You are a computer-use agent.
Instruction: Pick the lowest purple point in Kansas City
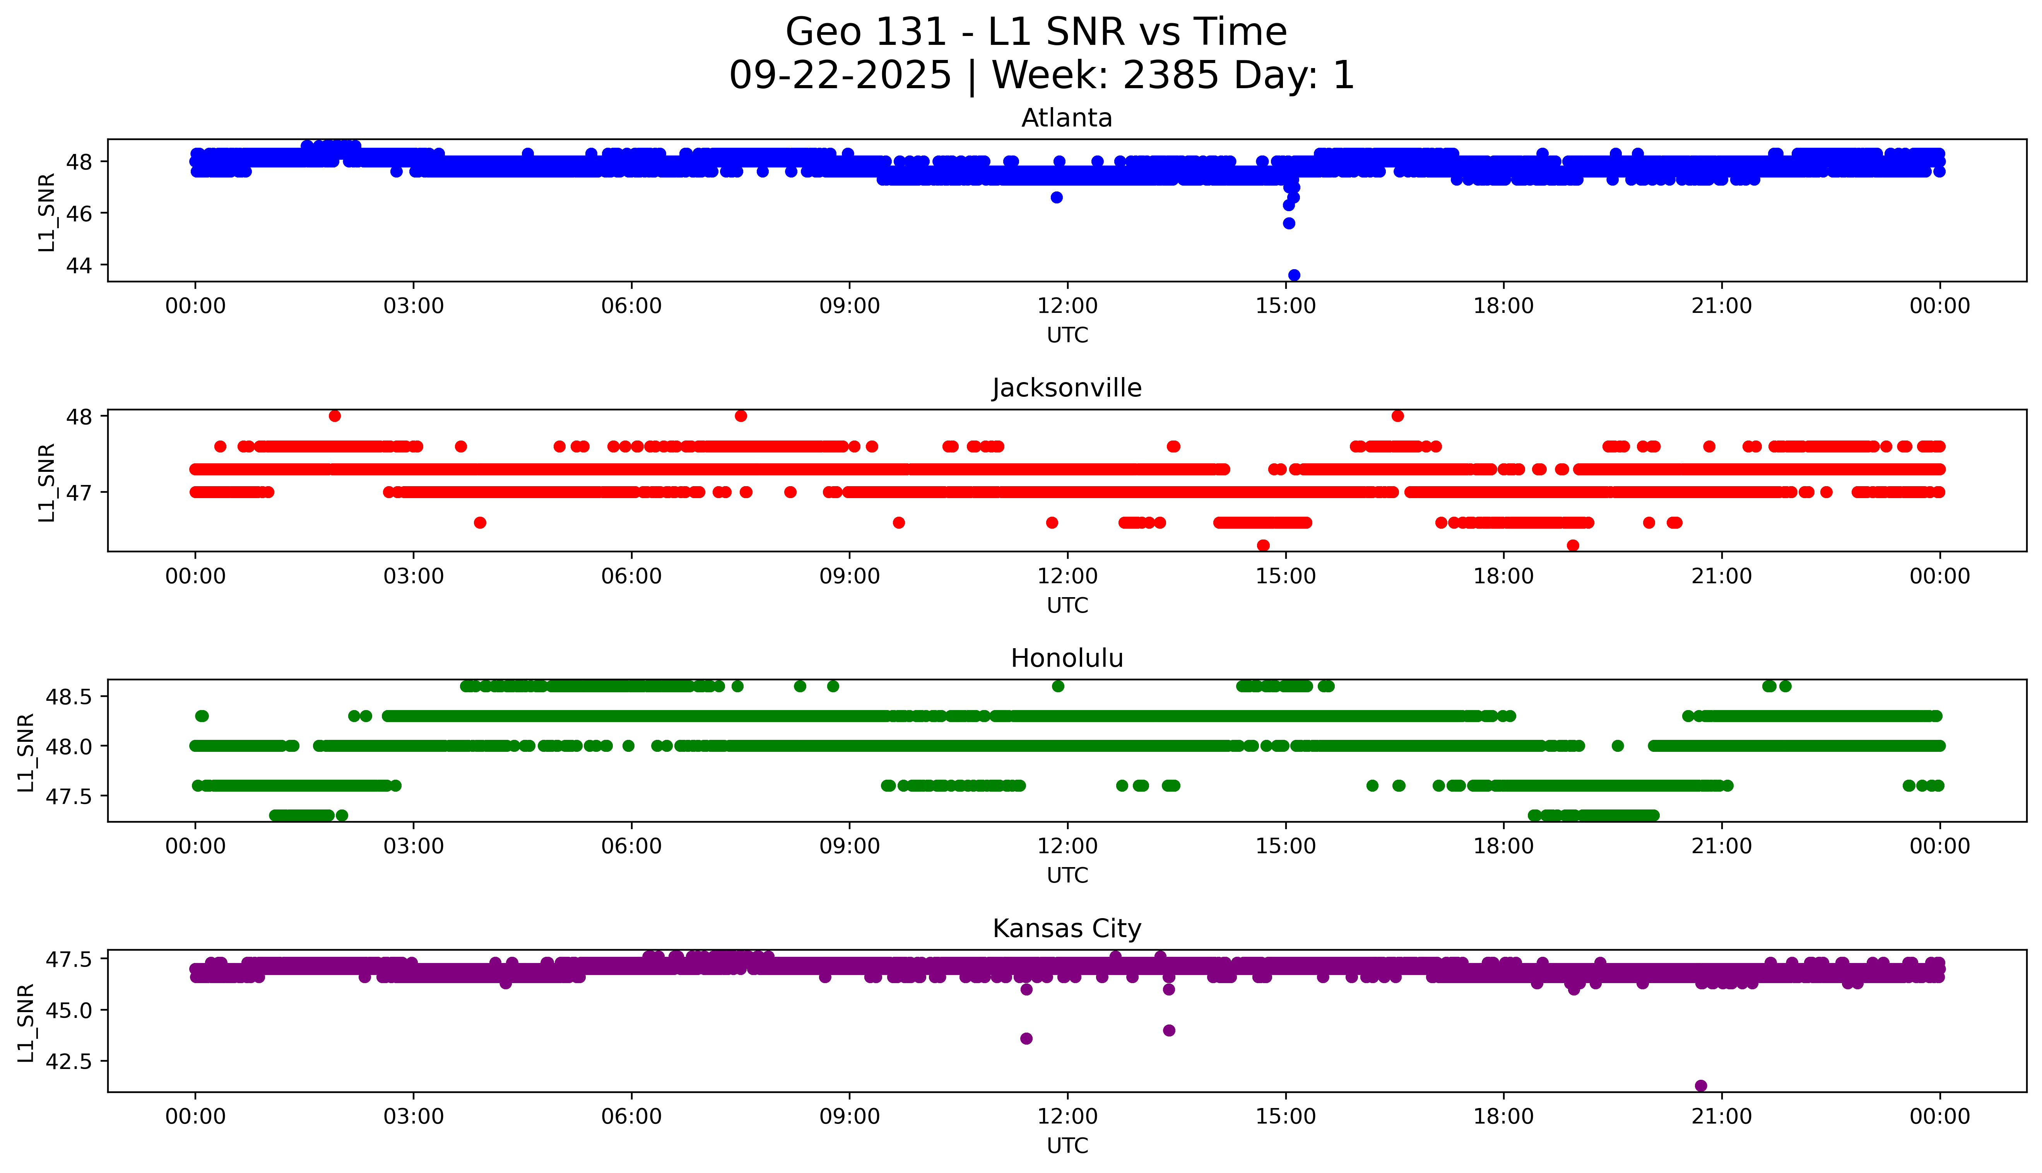click(1700, 1085)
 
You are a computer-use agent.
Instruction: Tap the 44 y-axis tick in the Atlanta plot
click(79, 265)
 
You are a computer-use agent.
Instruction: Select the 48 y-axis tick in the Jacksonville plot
click(79, 416)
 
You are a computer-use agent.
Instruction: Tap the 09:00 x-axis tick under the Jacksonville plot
click(849, 576)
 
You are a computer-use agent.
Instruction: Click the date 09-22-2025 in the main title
click(840, 76)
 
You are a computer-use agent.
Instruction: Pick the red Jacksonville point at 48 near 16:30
click(1397, 416)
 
